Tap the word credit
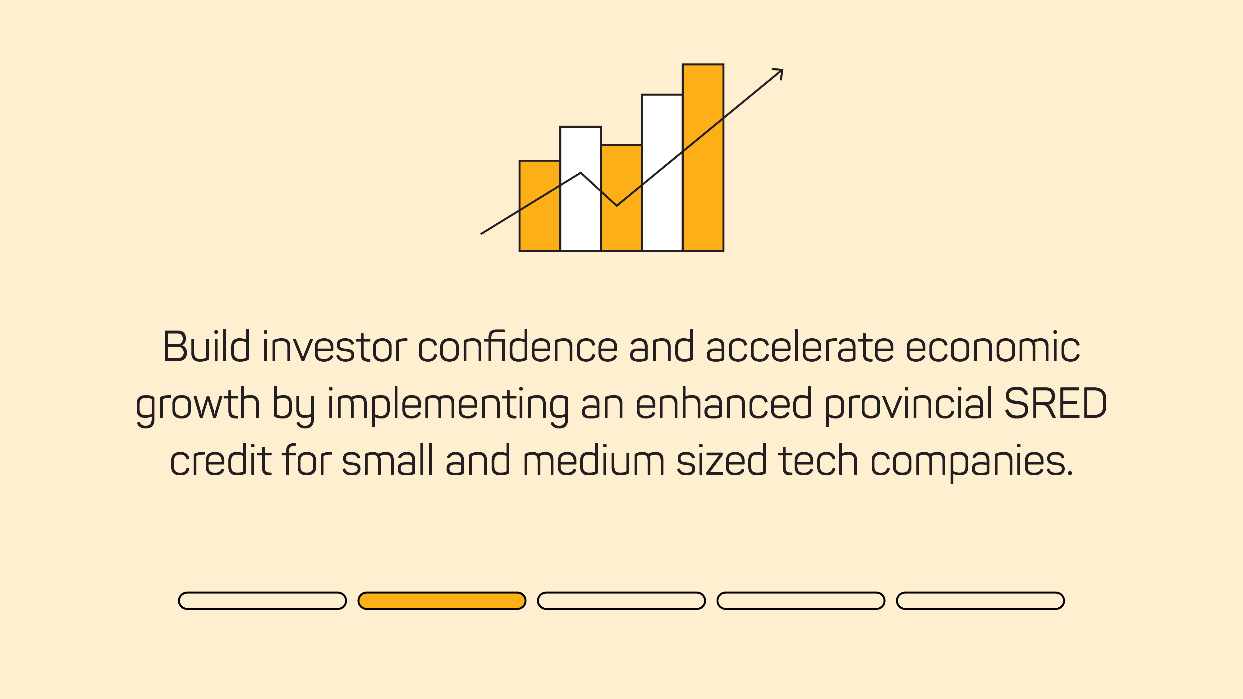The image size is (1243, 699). [x=221, y=461]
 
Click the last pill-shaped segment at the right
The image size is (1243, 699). [x=980, y=601]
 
